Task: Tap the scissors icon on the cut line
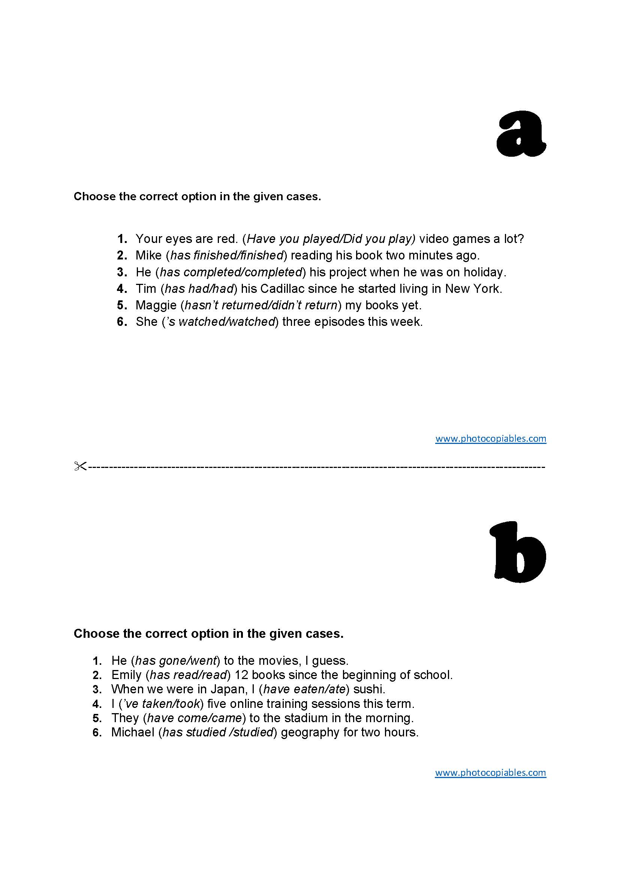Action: click(80, 466)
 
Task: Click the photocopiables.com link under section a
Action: click(491, 439)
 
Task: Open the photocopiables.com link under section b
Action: click(491, 772)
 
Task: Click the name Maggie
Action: click(156, 305)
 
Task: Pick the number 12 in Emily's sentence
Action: click(241, 675)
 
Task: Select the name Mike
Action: click(148, 255)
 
